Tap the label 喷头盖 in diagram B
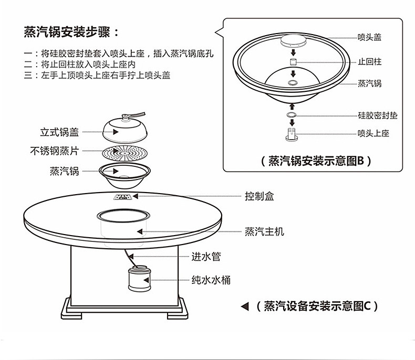pyautogui.click(x=369, y=37)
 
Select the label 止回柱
pyautogui.click(x=370, y=62)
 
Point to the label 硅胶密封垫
pyautogui.click(x=378, y=115)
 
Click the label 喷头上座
pyautogui.click(x=373, y=133)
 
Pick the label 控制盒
pyautogui.click(x=259, y=196)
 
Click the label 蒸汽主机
pyautogui.click(x=264, y=231)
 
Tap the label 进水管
pyautogui.click(x=206, y=257)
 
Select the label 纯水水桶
pyautogui.click(x=211, y=280)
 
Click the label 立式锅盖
pyautogui.click(x=59, y=132)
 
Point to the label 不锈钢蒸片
pyautogui.click(x=55, y=151)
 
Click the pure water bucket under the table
pyautogui.click(x=140, y=279)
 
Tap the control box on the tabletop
pyautogui.click(x=122, y=197)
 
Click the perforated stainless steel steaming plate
pyautogui.click(x=125, y=153)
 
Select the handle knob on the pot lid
pyautogui.click(x=126, y=117)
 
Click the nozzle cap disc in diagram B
pyautogui.click(x=293, y=40)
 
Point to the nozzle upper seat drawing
pyautogui.click(x=292, y=134)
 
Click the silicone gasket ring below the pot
pyautogui.click(x=292, y=115)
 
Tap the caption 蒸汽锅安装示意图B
pyautogui.click(x=316, y=161)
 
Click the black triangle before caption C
pyautogui.click(x=245, y=306)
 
